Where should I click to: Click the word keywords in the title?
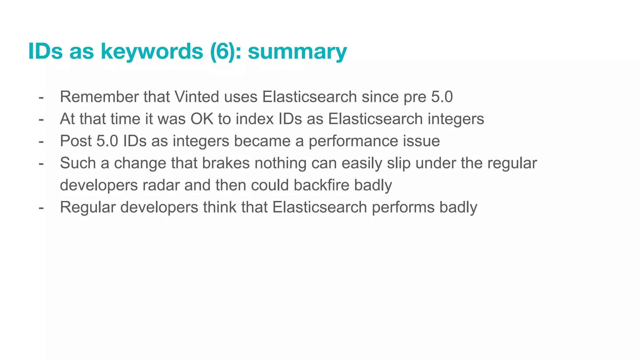(x=152, y=51)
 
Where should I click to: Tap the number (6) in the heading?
(x=222, y=51)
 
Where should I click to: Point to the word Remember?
(x=99, y=97)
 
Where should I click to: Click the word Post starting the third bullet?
(x=76, y=141)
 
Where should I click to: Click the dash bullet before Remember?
(x=41, y=97)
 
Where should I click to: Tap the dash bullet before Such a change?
(x=41, y=163)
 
